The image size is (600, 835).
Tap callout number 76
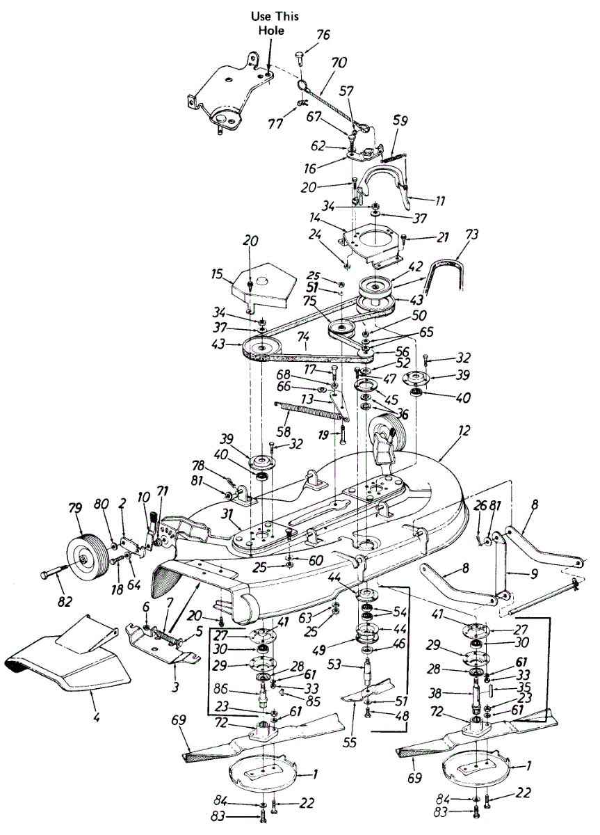coord(323,35)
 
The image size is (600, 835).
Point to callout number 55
coord(350,742)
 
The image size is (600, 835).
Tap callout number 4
coord(95,715)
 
